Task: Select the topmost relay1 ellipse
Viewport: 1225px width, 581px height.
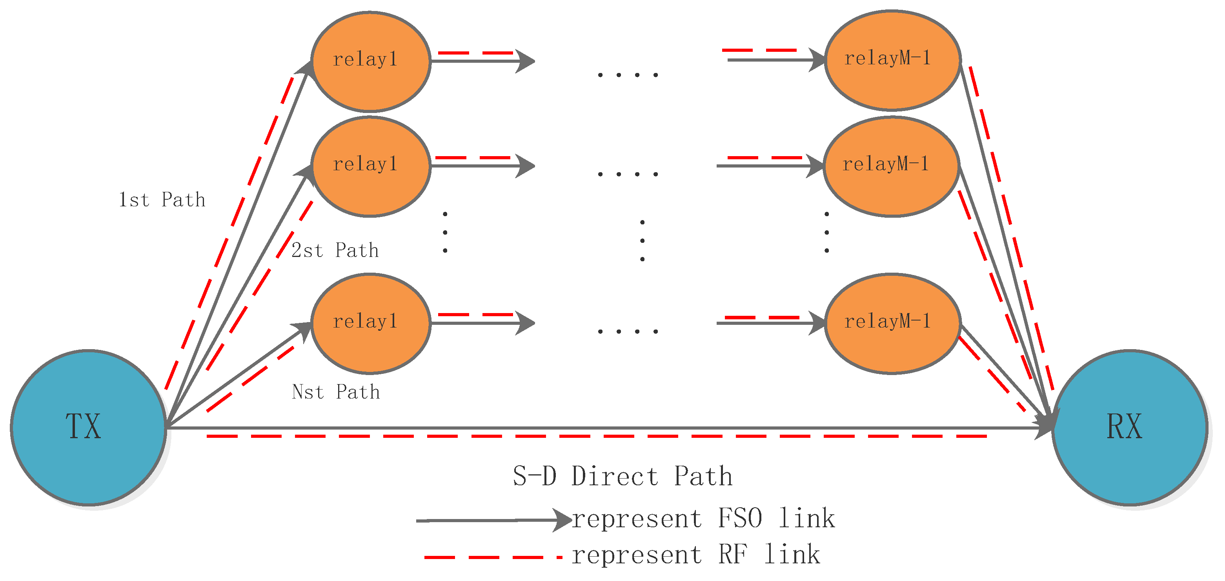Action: tap(370, 61)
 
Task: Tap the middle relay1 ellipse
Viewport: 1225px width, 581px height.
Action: tap(370, 166)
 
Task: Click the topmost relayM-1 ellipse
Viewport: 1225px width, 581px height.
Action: tap(892, 60)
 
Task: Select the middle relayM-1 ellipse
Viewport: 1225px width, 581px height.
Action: tap(891, 166)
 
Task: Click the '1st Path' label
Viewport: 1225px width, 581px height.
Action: tap(162, 200)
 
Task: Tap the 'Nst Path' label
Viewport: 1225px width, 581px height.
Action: tap(336, 392)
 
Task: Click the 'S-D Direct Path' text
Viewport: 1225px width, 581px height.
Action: tap(623, 476)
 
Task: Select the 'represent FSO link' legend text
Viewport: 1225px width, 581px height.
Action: tap(703, 518)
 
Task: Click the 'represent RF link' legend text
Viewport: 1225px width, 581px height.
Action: tap(695, 555)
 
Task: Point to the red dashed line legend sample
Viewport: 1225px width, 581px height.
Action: tap(492, 557)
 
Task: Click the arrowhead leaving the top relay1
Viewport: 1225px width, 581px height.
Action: tap(526, 61)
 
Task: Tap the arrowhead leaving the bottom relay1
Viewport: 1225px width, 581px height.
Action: tap(526, 324)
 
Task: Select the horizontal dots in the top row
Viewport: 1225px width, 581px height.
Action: tap(628, 75)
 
